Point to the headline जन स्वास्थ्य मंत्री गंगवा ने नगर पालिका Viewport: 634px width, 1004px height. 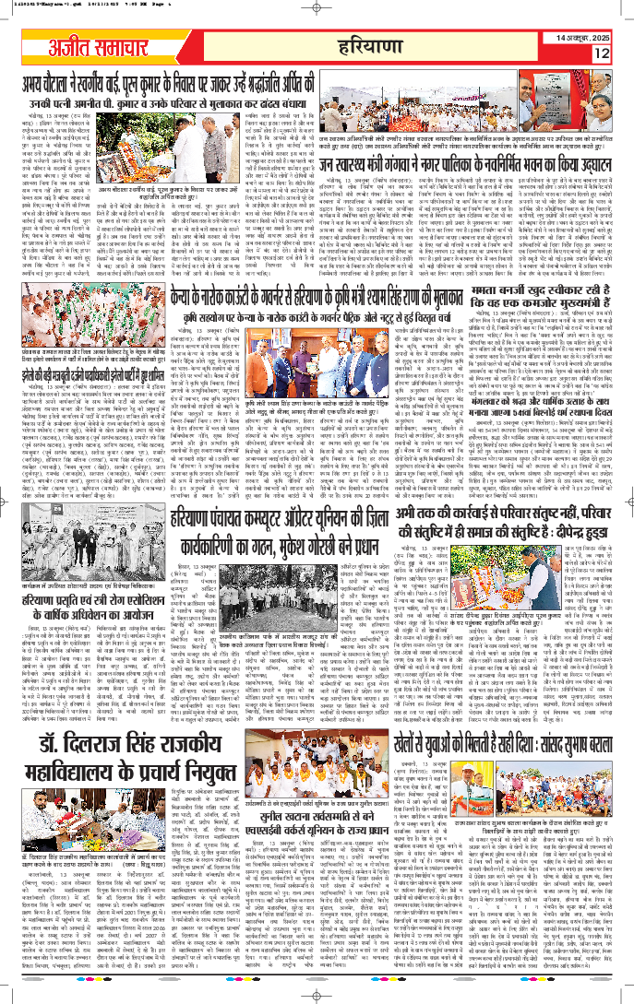[473, 167]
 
